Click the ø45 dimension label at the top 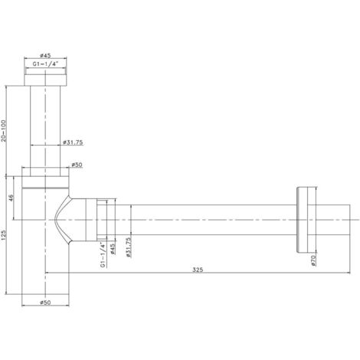[45, 55]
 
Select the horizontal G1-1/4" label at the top [45, 64]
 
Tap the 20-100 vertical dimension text [3, 131]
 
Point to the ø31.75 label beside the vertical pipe [73, 142]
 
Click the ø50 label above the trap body [77, 165]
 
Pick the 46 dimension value [11, 198]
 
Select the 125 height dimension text [3, 235]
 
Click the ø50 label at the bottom [45, 303]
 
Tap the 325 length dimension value [198, 270]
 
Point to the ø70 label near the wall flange [314, 260]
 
